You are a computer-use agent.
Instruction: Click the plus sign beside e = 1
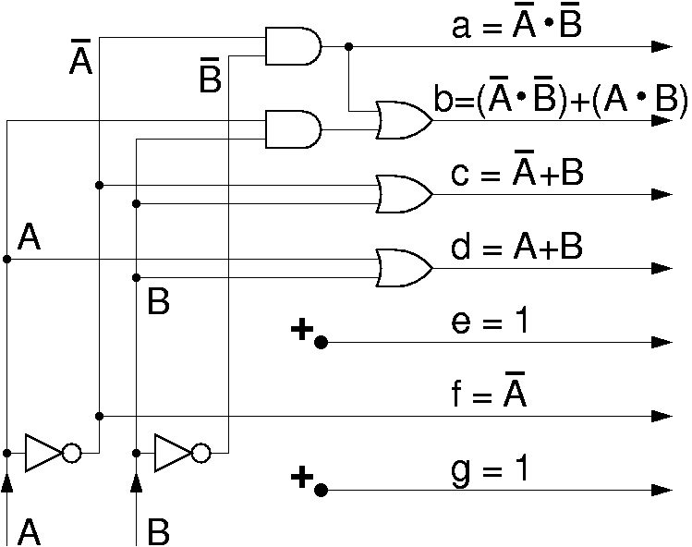(300, 330)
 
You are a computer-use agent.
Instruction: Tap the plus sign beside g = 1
(300, 478)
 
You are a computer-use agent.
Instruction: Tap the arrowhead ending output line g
(661, 490)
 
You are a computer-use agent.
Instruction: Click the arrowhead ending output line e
(661, 342)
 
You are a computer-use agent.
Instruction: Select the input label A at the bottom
(30, 531)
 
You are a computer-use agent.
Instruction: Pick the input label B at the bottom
(159, 531)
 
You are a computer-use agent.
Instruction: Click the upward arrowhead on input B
(137, 482)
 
